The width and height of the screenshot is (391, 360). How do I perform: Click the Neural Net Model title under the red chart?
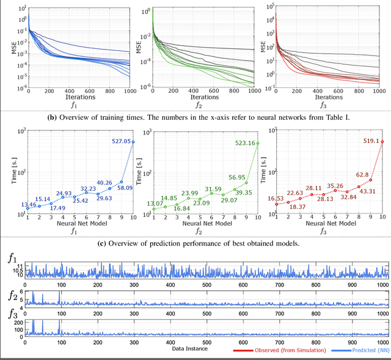coord(329,224)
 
